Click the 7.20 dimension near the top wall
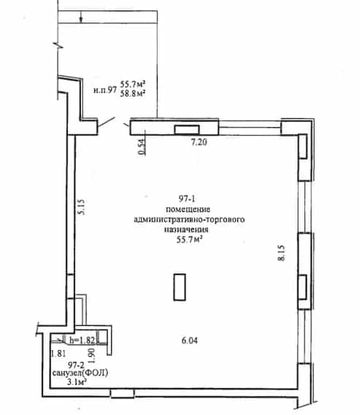click(x=199, y=142)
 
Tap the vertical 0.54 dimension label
click(x=142, y=147)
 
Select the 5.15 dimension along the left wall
click(x=82, y=207)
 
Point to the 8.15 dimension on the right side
click(x=281, y=253)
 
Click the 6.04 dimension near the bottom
click(x=190, y=341)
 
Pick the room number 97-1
click(x=187, y=198)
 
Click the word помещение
click(x=188, y=209)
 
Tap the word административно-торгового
click(x=189, y=220)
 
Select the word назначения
click(x=186, y=229)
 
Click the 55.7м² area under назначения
click(x=189, y=240)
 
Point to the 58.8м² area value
click(x=132, y=93)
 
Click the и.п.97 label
click(x=105, y=90)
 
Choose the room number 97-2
click(x=76, y=365)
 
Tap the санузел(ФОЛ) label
click(x=80, y=373)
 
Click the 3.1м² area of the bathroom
click(x=77, y=381)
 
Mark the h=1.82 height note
click(x=82, y=340)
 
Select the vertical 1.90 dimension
click(x=92, y=355)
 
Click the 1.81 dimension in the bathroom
click(x=58, y=353)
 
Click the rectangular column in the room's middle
click(x=180, y=287)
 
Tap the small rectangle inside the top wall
click(x=187, y=129)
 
